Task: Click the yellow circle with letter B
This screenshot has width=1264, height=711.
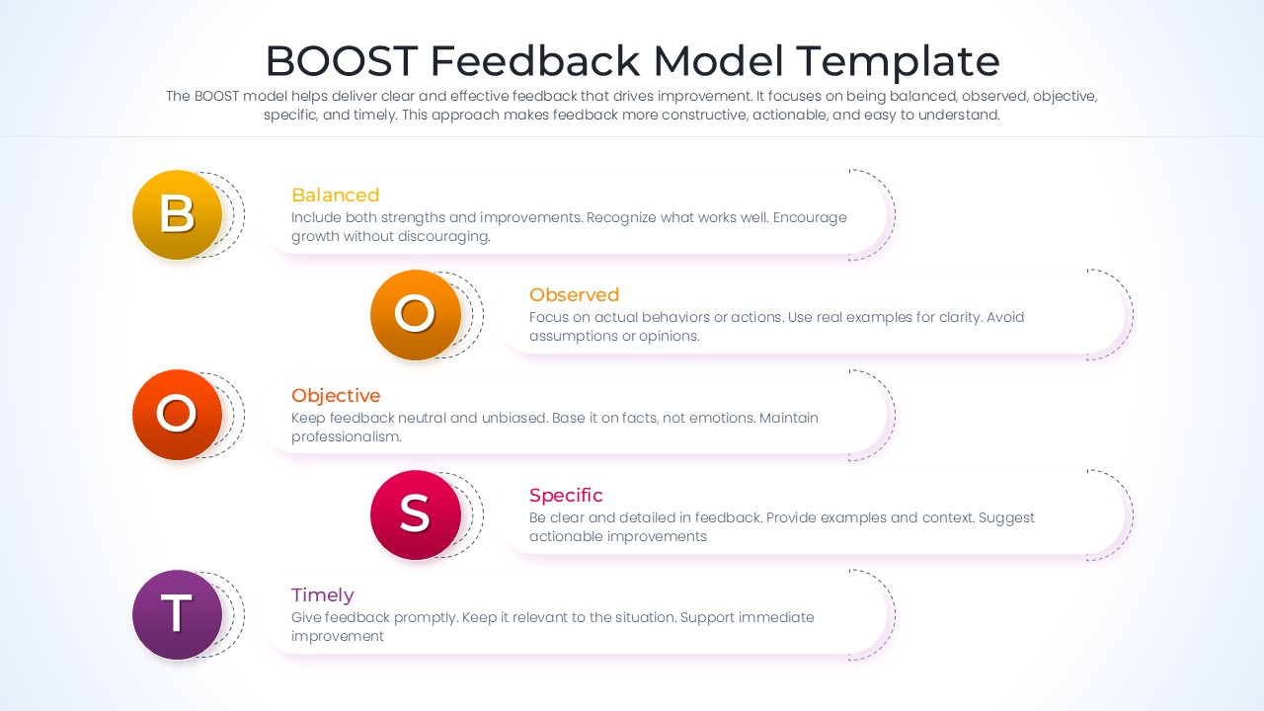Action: (178, 214)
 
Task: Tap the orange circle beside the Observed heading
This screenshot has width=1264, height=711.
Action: (416, 314)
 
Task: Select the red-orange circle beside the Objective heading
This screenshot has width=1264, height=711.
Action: (178, 415)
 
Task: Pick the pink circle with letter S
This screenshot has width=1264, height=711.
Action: (416, 514)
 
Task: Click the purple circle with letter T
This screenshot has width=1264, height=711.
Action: (178, 614)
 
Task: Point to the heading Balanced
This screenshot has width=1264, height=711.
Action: (335, 195)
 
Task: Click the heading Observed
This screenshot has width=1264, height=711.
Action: (574, 294)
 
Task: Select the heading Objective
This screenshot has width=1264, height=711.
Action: (336, 395)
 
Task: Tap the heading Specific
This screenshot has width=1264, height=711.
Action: (566, 495)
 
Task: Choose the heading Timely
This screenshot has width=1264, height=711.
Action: (322, 594)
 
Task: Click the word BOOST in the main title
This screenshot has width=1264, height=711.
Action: (341, 61)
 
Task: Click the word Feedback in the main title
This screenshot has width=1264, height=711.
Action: (535, 61)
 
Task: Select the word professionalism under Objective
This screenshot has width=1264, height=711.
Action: (346, 436)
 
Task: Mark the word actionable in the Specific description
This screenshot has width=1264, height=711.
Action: (565, 536)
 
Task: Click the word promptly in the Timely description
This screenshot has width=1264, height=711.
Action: (427, 617)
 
